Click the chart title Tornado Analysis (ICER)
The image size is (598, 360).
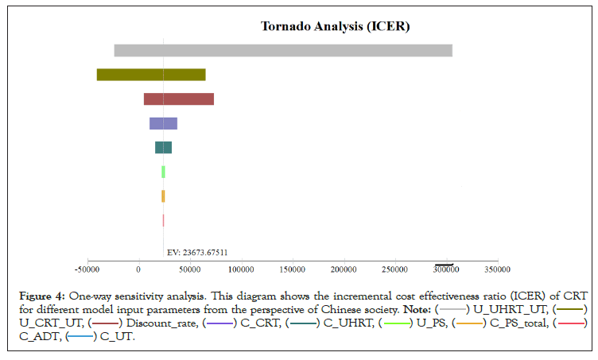(x=335, y=27)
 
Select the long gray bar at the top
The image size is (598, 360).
(x=283, y=50)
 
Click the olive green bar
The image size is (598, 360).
(x=151, y=75)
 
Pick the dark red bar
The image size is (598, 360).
(x=179, y=99)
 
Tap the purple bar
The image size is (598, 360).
(x=163, y=123)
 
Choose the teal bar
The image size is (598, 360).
(x=163, y=148)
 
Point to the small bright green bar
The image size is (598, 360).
(x=163, y=172)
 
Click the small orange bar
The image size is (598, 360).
(x=163, y=195)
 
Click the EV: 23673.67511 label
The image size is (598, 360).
(x=197, y=253)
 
